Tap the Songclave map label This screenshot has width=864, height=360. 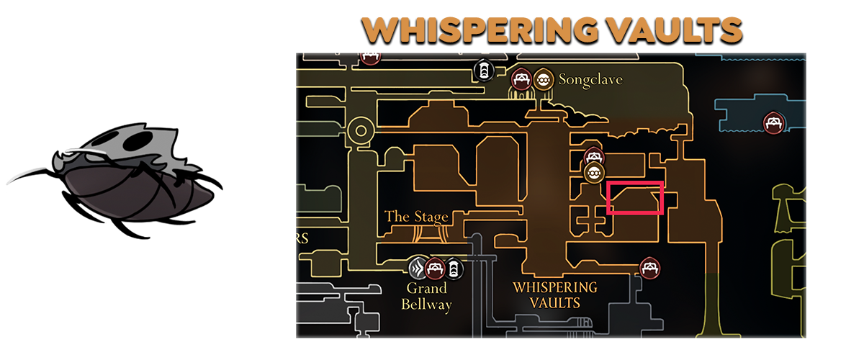pos(590,80)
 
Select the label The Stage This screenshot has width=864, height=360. pos(416,216)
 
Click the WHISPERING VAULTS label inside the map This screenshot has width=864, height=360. pos(554,294)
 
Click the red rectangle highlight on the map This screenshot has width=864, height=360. pos(634,198)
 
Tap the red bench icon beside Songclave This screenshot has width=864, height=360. pos(521,78)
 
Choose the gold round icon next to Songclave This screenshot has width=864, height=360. pos(544,78)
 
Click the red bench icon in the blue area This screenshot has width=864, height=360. pos(773,122)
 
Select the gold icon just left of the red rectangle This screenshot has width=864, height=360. pos(593,173)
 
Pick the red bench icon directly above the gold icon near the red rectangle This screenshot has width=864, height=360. pos(593,156)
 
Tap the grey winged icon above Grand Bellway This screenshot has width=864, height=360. pos(417,269)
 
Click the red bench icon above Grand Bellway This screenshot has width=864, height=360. pos(434,269)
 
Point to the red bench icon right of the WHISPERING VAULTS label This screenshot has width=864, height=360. pos(650,268)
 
